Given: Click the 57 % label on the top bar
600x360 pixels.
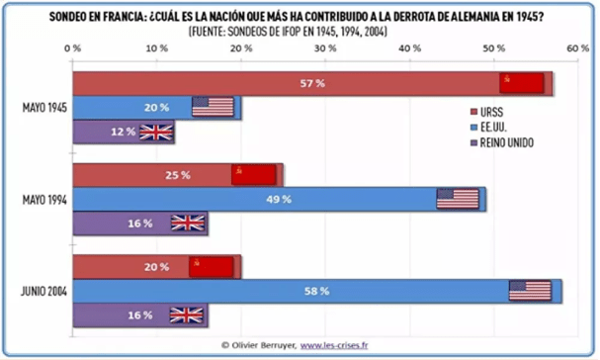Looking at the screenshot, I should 312,84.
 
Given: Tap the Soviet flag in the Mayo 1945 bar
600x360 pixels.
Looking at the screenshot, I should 522,84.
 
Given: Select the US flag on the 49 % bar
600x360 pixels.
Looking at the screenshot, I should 458,199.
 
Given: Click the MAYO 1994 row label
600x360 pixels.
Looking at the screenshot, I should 43,200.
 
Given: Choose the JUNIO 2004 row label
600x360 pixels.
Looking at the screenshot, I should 43,291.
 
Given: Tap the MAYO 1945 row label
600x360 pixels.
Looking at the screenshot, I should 43,108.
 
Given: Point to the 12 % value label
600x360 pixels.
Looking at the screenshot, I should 123,132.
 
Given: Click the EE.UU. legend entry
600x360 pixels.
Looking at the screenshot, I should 498,128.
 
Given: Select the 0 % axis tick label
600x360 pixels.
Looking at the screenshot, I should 72,47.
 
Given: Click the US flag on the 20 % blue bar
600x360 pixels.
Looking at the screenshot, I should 212,108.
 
